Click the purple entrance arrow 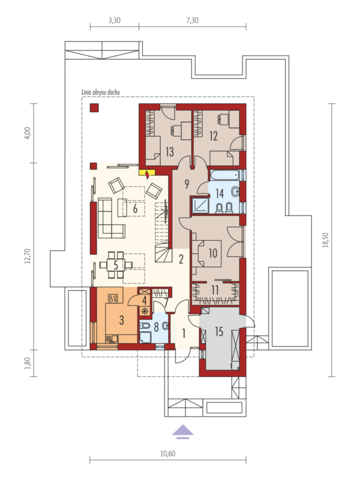point(182,432)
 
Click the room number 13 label point(169,151)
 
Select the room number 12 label point(213,136)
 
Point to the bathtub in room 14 point(225,175)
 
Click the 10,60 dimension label point(167,454)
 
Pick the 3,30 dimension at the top point(114,20)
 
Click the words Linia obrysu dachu point(100,92)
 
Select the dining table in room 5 point(116,265)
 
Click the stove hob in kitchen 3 point(112,298)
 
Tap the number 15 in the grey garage point(219,331)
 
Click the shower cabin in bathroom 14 point(200,205)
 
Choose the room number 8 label point(156,327)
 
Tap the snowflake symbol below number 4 point(145,310)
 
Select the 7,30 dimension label point(192,20)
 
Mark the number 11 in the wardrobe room point(215,290)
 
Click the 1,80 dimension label point(28,363)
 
